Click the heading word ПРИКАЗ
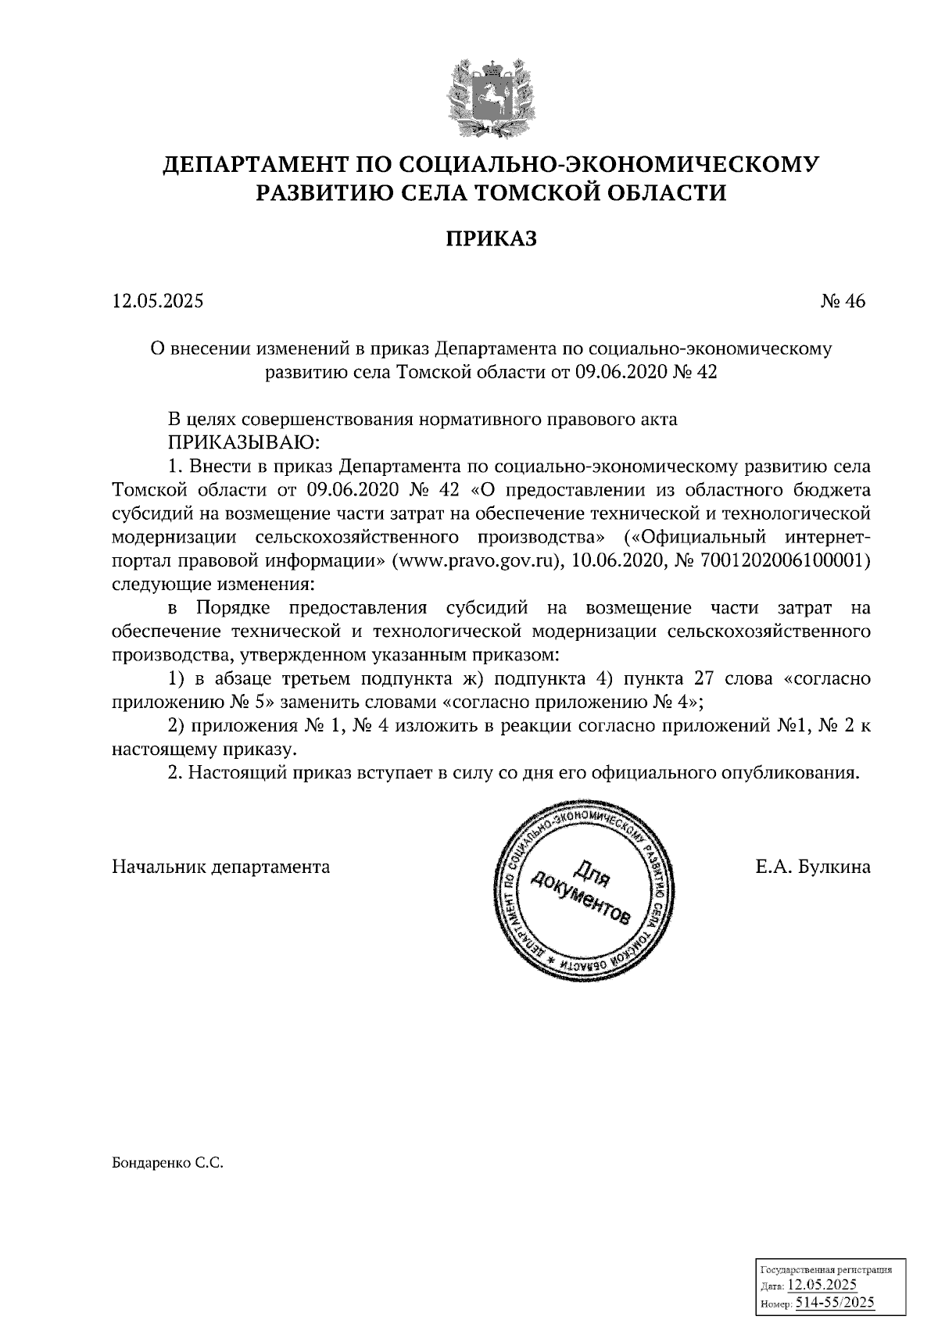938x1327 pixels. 491,238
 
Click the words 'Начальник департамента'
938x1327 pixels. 221,867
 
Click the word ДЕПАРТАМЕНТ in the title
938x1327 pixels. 255,164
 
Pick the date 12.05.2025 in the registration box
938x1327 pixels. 822,1286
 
